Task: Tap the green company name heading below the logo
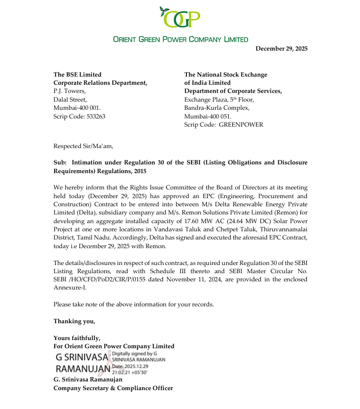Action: click(x=180, y=39)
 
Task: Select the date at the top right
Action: click(x=281, y=49)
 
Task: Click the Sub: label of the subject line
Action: click(x=60, y=162)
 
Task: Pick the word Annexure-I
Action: click(x=69, y=287)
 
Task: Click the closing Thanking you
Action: click(x=74, y=321)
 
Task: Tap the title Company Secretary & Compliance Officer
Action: click(x=113, y=388)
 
